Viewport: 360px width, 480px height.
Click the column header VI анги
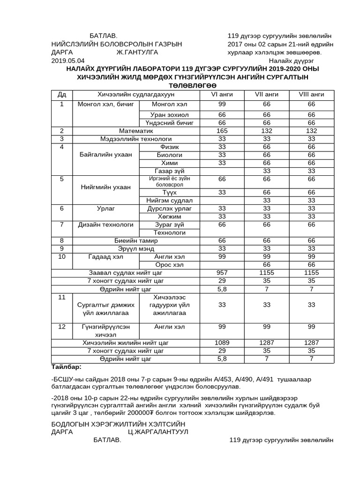click(222, 94)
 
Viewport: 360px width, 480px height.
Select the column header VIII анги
click(311, 94)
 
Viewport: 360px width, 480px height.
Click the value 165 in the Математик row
click(222, 131)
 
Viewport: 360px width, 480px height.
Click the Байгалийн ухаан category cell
click(106, 155)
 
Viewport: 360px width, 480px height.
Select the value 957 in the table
click(222, 272)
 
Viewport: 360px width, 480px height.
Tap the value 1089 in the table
click(222, 343)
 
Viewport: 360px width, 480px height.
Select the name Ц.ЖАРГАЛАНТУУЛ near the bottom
click(158, 432)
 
